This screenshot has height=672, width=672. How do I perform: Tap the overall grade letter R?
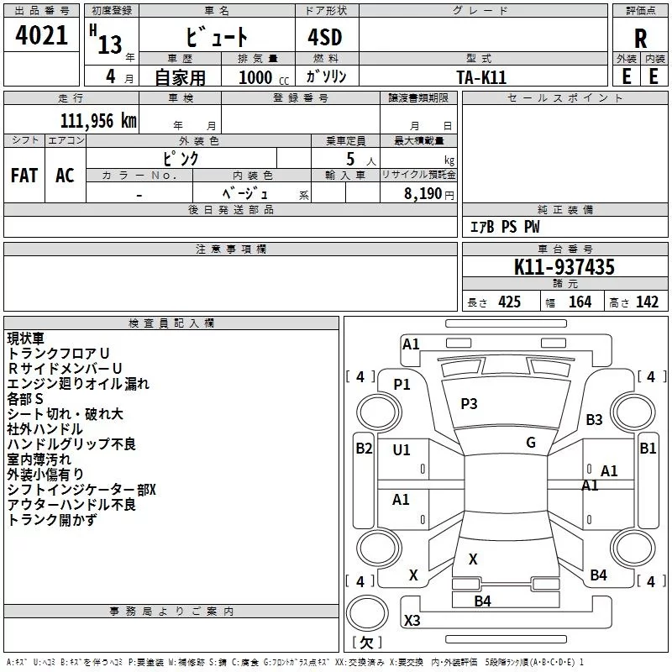(640, 39)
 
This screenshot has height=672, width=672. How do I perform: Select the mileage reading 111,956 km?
(98, 121)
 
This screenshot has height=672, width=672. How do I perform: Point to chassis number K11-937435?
(564, 267)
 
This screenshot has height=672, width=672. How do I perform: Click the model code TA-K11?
(481, 76)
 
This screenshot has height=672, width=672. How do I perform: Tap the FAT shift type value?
(24, 175)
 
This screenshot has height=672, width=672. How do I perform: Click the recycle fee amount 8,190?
(423, 193)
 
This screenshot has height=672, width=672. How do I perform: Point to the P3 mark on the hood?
(469, 404)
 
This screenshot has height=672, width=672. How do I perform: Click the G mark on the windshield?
(531, 443)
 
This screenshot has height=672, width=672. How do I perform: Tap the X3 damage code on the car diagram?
(412, 621)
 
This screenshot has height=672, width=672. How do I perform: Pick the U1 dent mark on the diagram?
(402, 450)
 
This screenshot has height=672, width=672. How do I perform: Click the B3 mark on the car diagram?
(595, 419)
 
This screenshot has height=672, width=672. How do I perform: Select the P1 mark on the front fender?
(402, 384)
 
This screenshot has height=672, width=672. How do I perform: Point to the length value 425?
(509, 302)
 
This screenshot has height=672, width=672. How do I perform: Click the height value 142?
(647, 302)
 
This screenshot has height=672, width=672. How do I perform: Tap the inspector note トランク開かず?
(52, 520)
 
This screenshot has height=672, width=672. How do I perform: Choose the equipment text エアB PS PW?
(505, 228)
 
